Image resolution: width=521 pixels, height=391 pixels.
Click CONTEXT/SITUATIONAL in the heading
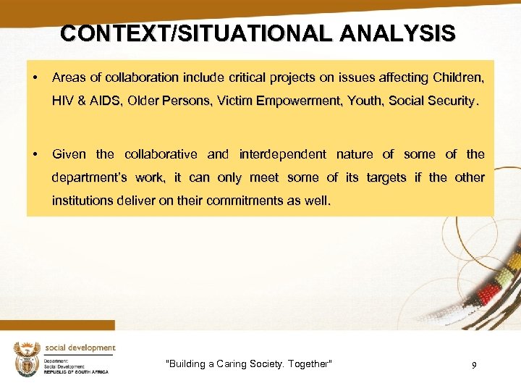188,33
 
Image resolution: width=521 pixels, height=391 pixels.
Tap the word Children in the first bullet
457,77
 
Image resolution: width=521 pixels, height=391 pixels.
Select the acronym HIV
63,101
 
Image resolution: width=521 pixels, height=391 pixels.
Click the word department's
90,178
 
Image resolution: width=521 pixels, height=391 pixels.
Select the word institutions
85,201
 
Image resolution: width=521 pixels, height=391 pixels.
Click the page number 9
474,366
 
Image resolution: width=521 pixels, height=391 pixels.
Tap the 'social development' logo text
80,348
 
